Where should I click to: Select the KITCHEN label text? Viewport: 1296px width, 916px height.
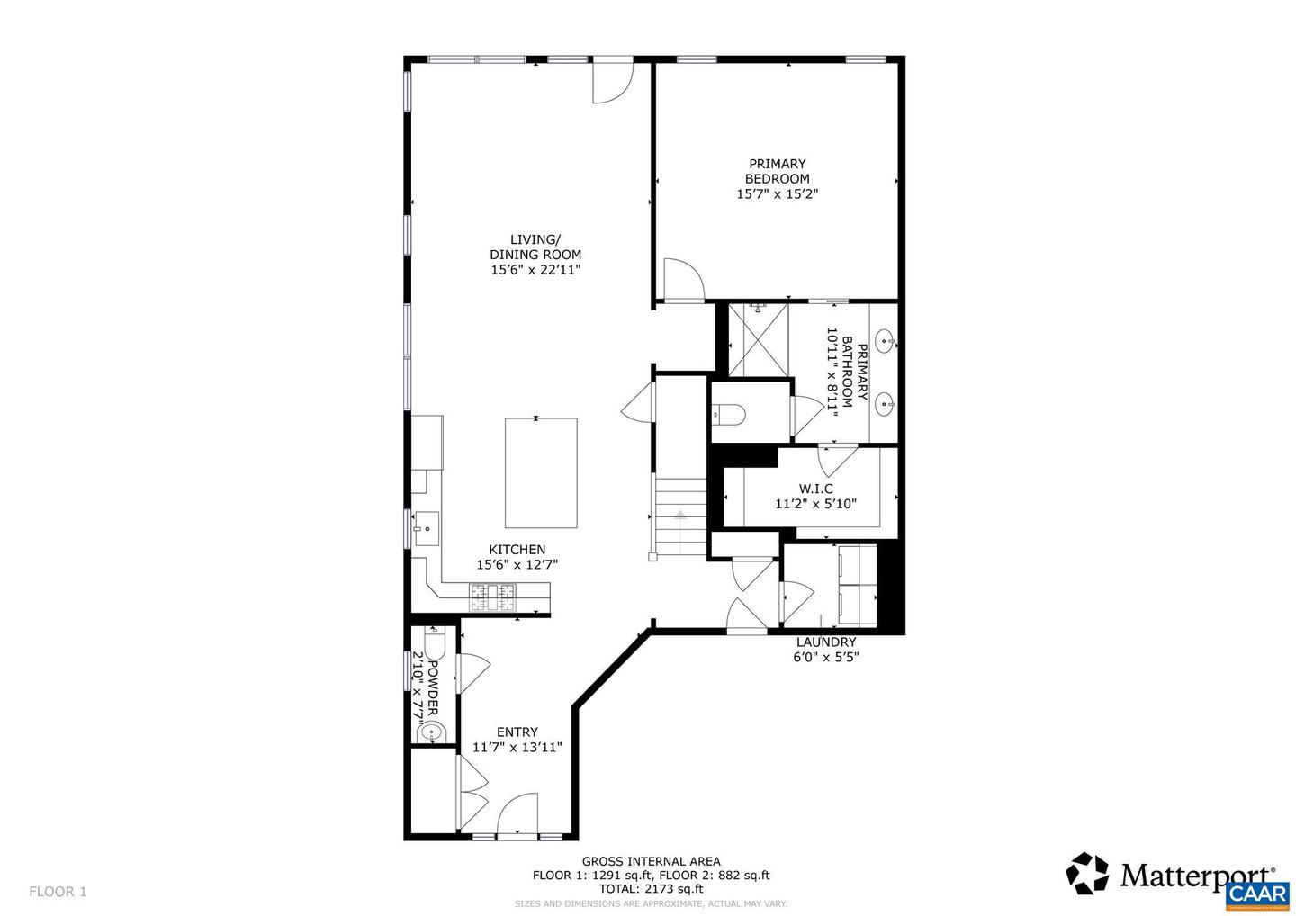(x=517, y=550)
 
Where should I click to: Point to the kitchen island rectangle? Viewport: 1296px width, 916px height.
(x=540, y=472)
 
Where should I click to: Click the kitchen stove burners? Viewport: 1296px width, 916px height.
(x=493, y=592)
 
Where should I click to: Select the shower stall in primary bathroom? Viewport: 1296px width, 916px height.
(x=758, y=339)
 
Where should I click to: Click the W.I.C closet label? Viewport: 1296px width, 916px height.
(x=815, y=489)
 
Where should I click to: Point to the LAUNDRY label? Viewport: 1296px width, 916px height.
(x=825, y=642)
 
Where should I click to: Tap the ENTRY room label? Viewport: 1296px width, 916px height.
(x=517, y=732)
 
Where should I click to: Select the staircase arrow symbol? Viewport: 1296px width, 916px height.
(x=680, y=516)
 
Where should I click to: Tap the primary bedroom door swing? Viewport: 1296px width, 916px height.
(x=681, y=278)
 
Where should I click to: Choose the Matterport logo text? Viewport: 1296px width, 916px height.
(x=1196, y=875)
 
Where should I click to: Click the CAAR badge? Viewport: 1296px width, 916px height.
(x=1257, y=894)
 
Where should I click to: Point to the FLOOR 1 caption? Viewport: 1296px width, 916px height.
(x=58, y=892)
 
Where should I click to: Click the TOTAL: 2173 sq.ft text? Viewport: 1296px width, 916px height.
(x=651, y=889)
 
